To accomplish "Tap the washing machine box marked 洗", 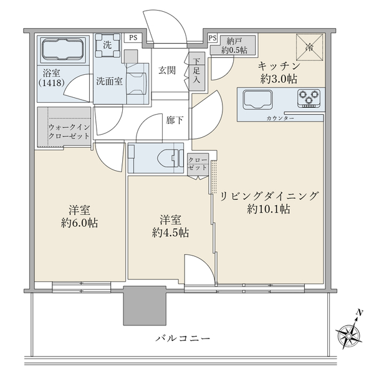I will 107,45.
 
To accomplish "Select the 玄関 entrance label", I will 167,70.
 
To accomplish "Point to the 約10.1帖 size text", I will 267,209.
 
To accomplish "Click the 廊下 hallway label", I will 175,120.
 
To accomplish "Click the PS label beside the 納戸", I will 213,39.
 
